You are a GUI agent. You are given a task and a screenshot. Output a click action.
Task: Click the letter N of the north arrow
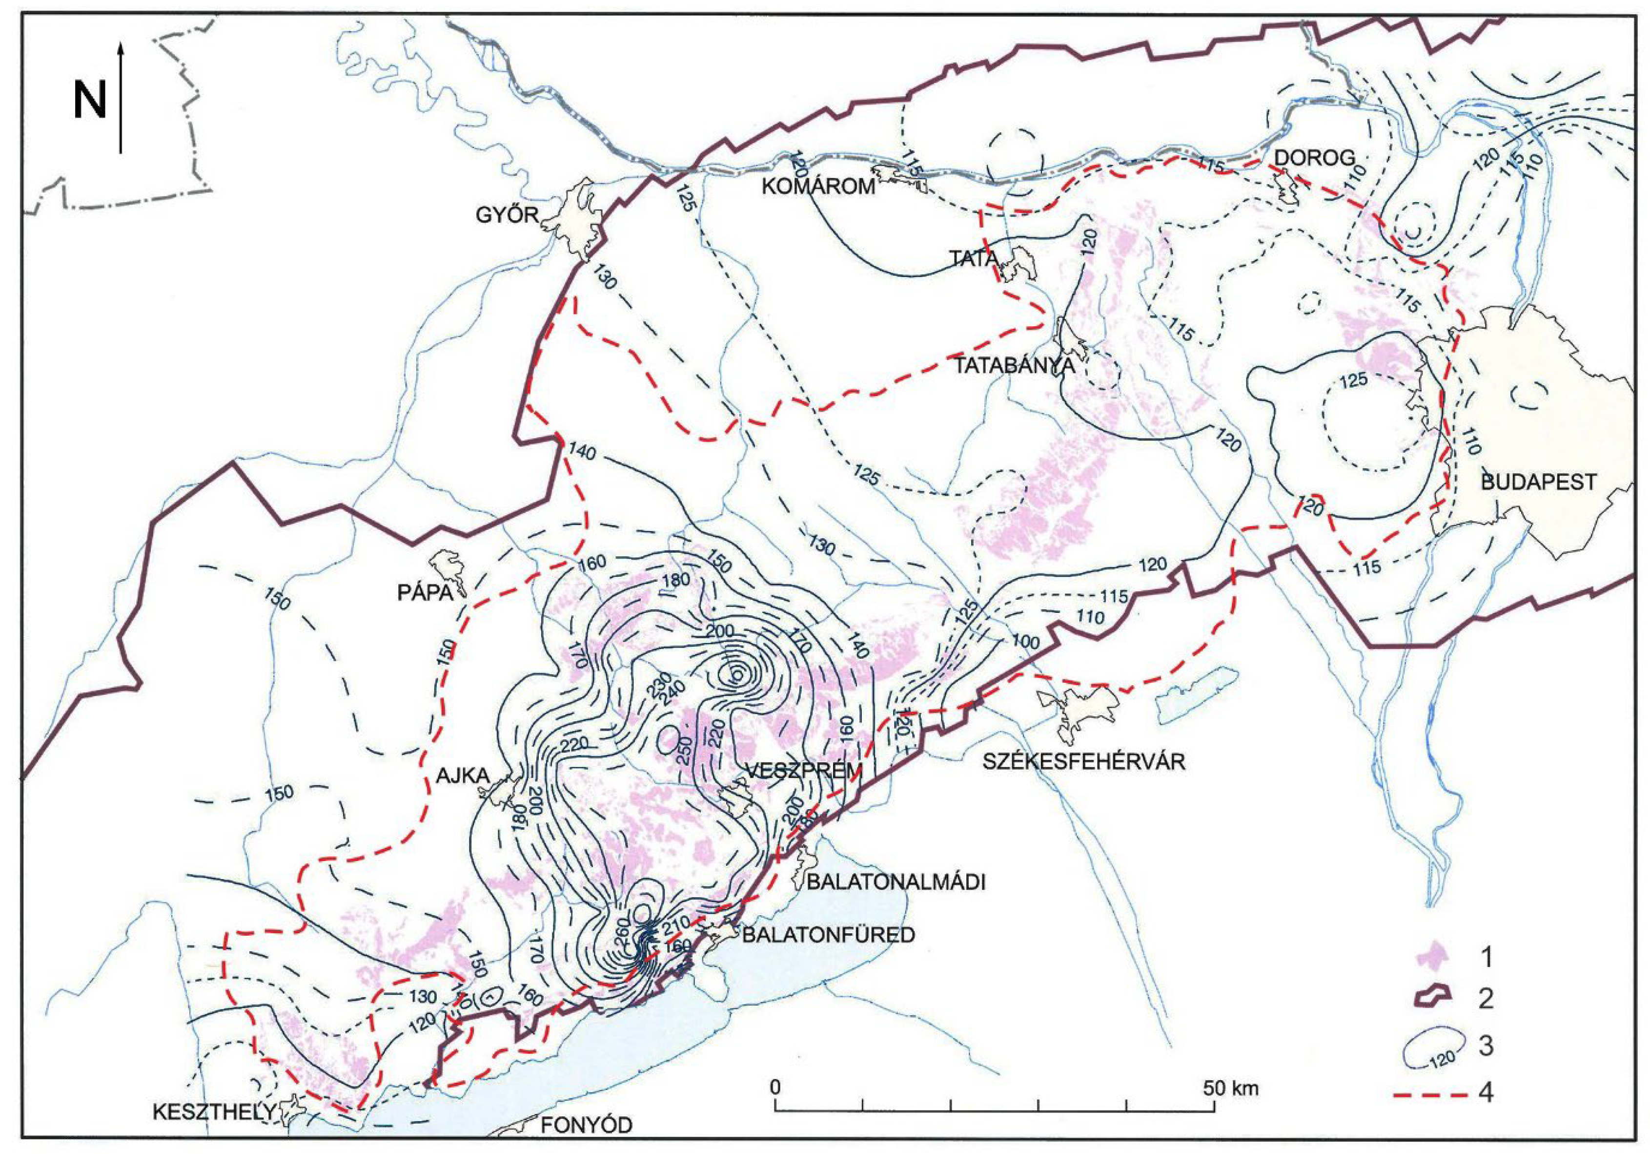click(90, 100)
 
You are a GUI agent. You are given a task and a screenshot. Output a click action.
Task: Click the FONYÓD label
click(586, 1125)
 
